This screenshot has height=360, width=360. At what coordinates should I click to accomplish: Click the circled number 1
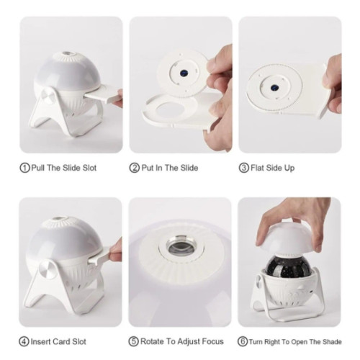tap(24, 168)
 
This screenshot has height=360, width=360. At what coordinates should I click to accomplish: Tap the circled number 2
tap(135, 168)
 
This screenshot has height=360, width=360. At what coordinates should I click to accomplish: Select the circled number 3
tap(244, 168)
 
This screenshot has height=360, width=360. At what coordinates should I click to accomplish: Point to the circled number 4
tap(24, 341)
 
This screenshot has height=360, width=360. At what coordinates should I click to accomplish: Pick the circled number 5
tap(134, 341)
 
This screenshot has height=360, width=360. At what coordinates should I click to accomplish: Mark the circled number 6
tap(243, 341)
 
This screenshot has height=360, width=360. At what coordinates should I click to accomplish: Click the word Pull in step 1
tap(38, 168)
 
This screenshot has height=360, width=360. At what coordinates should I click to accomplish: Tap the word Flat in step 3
tap(258, 168)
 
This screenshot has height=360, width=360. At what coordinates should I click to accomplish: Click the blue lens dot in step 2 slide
tap(184, 72)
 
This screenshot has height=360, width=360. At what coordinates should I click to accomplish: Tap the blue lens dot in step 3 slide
tap(273, 88)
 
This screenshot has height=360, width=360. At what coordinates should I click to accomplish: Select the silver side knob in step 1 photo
tap(48, 95)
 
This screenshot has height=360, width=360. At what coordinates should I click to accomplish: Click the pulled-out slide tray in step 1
tap(102, 95)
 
